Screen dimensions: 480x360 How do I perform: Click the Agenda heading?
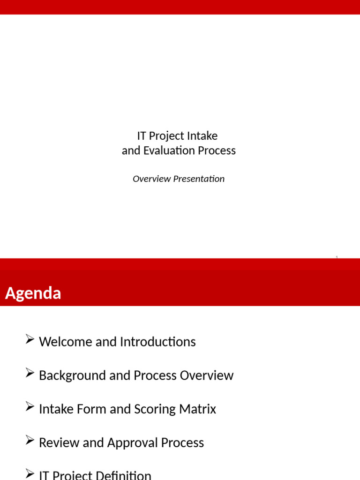pyautogui.click(x=33, y=293)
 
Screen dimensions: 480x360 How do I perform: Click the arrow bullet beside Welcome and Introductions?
pyautogui.click(x=30, y=340)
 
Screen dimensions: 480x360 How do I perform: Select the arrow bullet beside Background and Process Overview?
pyautogui.click(x=30, y=374)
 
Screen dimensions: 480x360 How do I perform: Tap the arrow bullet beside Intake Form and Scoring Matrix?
pyautogui.click(x=30, y=408)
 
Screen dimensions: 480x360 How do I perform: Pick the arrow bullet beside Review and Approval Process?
pyautogui.click(x=30, y=442)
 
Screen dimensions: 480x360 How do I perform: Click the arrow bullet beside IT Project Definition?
pyautogui.click(x=30, y=474)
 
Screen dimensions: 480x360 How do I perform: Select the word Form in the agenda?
pyautogui.click(x=93, y=409)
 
